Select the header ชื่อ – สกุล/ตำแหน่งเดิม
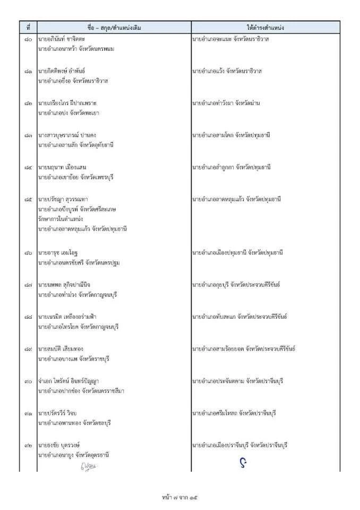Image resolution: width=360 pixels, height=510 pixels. click(x=114, y=27)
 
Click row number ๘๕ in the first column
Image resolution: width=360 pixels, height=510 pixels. click(x=29, y=199)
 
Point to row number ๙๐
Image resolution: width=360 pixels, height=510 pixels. click(x=29, y=381)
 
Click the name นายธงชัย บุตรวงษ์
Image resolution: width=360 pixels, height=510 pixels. click(x=62, y=445)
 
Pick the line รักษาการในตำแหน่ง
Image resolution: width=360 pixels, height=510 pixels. click(x=60, y=219)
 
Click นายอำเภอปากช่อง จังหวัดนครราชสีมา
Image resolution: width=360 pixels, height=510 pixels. click(x=81, y=391)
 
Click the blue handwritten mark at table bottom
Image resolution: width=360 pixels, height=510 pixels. click(x=243, y=463)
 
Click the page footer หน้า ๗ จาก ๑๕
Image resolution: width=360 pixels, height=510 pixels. click(x=180, y=498)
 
